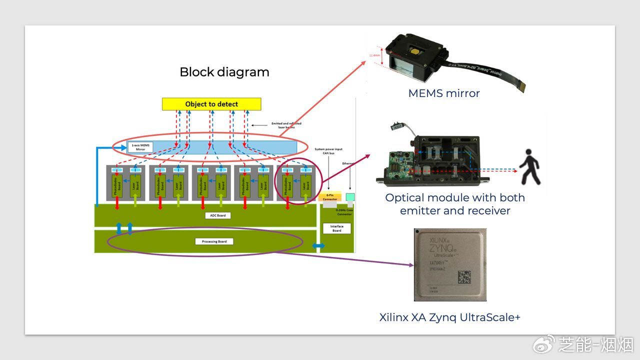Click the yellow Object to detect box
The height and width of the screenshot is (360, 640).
point(211,104)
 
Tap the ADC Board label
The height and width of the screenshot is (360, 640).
point(214,215)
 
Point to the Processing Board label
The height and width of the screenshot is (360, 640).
point(214,241)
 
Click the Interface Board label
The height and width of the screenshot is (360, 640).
point(336,228)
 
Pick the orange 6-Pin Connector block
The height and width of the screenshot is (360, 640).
point(329,197)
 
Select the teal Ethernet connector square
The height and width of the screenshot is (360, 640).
point(350,197)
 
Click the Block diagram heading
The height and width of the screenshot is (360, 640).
point(224,72)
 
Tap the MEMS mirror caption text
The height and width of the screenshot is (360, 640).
point(443,93)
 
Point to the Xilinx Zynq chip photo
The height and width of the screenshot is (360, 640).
point(450,264)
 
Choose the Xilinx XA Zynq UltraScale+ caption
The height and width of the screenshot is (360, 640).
point(449,317)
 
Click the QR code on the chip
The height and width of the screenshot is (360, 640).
point(464,276)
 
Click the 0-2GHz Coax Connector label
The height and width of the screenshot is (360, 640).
point(344,212)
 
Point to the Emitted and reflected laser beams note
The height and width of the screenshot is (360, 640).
point(286,125)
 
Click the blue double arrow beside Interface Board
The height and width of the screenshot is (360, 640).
point(318,246)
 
